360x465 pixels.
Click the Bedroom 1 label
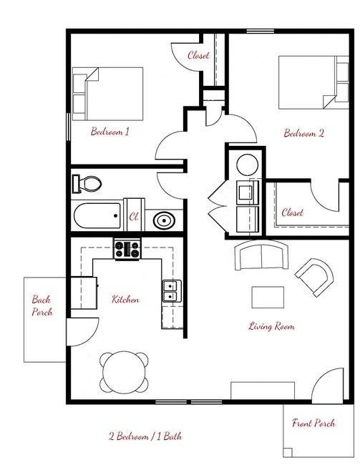(110, 132)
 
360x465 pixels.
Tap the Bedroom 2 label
(304, 132)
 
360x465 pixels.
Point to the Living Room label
(271, 326)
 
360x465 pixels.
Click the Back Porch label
(42, 306)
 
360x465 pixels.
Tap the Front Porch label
(313, 423)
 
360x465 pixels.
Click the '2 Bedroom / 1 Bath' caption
(145, 436)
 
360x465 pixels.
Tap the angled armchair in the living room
(314, 278)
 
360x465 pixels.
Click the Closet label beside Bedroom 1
(198, 55)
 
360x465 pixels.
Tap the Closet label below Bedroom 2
(292, 212)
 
